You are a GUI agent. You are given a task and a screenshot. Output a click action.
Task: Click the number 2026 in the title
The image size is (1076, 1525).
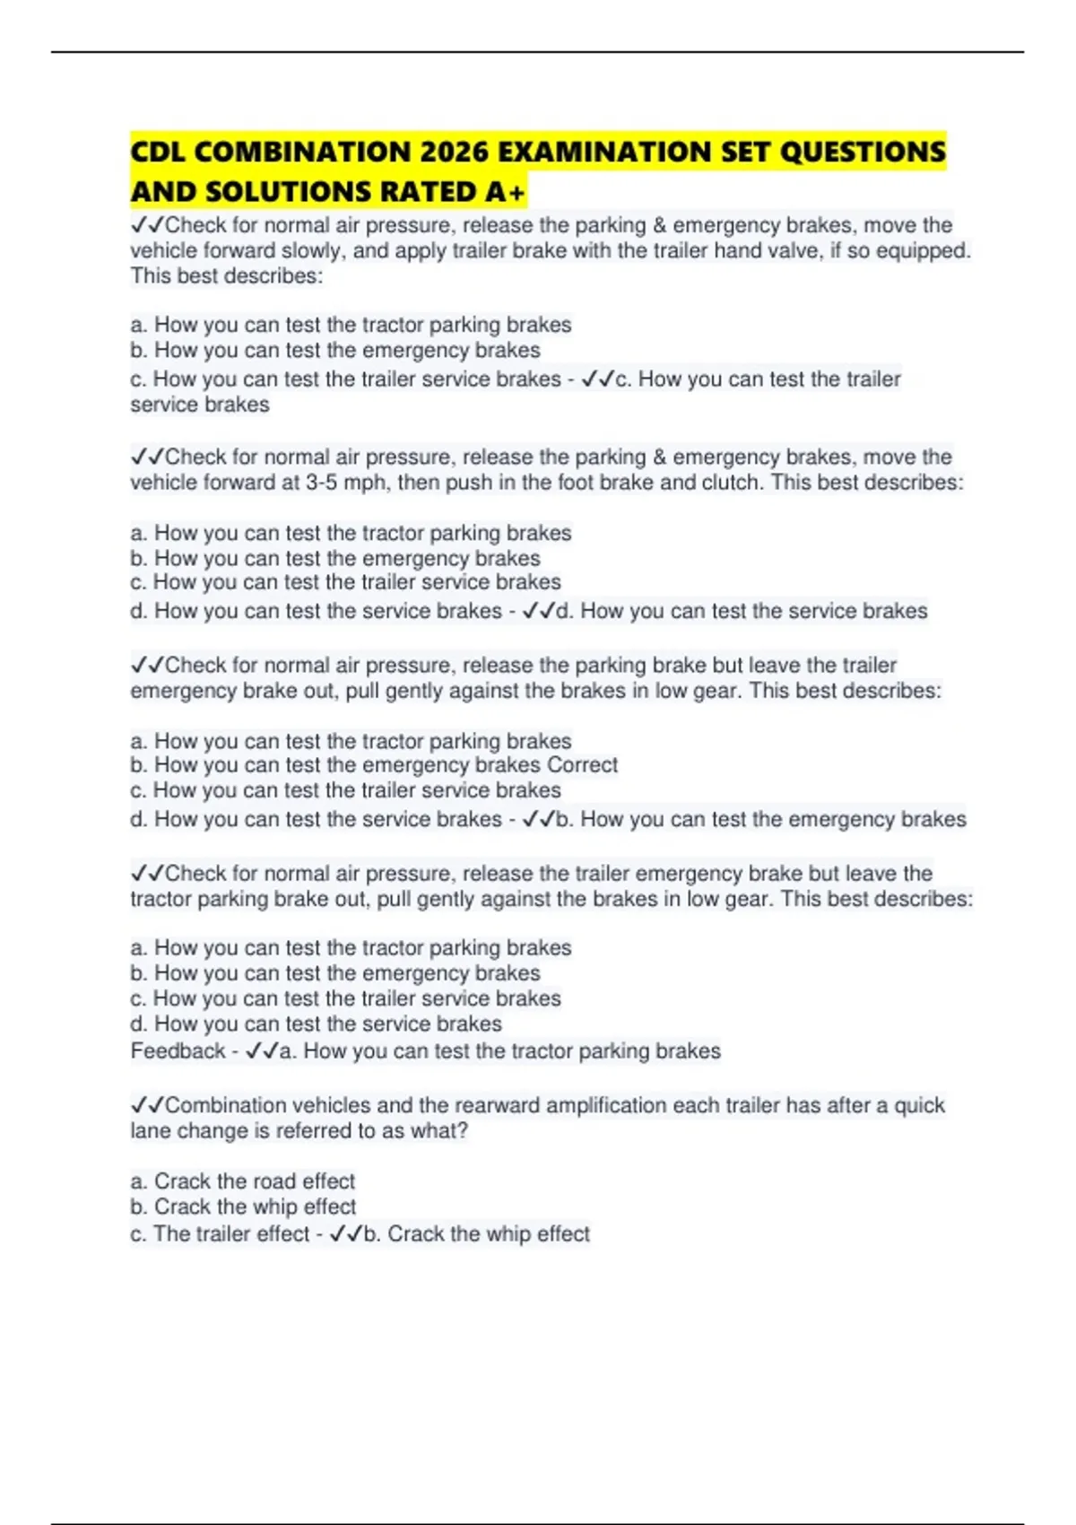[x=453, y=152]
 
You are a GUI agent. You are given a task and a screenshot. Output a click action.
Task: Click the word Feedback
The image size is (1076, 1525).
[x=178, y=1050]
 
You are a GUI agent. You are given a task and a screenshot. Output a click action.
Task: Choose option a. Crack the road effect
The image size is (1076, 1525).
[x=242, y=1181]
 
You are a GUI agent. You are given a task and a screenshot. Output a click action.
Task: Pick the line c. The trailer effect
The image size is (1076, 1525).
[x=220, y=1233]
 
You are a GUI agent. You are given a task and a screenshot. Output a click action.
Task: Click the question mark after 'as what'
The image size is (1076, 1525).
[x=463, y=1130]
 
